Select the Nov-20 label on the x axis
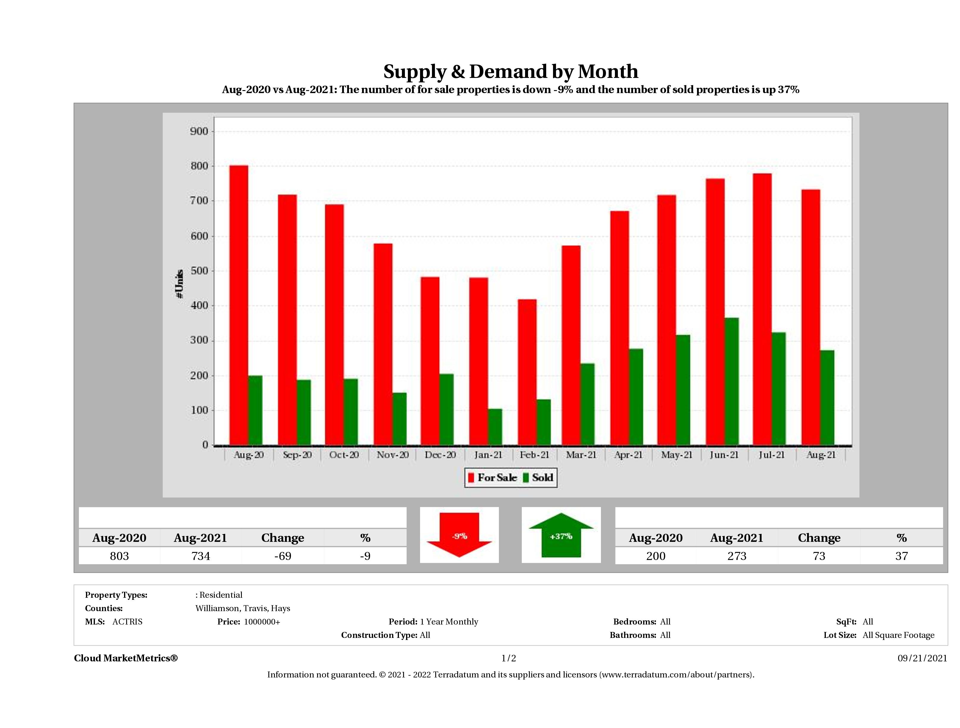tap(392, 455)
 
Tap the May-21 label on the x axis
tap(676, 455)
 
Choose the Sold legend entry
tap(538, 478)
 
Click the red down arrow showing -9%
tap(459, 535)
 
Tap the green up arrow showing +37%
tap(561, 535)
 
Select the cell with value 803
tap(119, 556)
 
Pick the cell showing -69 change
tap(283, 556)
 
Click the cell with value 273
tap(737, 556)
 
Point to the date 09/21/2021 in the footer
tap(922, 658)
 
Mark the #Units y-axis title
tap(179, 284)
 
